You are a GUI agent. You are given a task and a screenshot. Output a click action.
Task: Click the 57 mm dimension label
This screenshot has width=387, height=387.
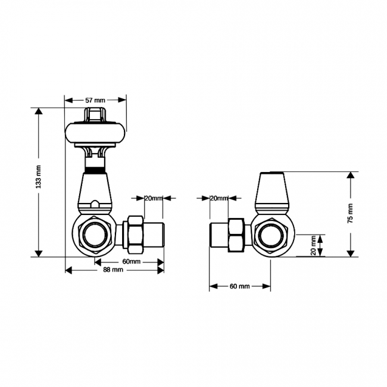coord(95,100)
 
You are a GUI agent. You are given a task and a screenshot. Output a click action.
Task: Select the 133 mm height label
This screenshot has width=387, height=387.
coord(38,177)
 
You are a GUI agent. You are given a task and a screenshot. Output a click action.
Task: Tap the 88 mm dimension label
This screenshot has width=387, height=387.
coord(113,270)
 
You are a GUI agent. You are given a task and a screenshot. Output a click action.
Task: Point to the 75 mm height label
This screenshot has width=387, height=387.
coord(350,213)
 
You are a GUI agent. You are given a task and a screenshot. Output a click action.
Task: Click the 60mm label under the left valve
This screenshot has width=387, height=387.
coord(132,261)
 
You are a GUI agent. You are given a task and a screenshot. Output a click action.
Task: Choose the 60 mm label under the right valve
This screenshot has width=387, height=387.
coord(240,286)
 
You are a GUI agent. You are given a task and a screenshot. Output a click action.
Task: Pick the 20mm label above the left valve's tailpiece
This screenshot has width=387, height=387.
coord(154,198)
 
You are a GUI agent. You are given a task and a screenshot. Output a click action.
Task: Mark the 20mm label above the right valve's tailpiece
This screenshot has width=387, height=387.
coord(219,198)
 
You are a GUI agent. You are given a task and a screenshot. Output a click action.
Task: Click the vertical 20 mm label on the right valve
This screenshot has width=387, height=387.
coord(313,245)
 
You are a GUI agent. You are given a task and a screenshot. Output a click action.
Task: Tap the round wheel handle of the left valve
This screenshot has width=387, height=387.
coord(95,133)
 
